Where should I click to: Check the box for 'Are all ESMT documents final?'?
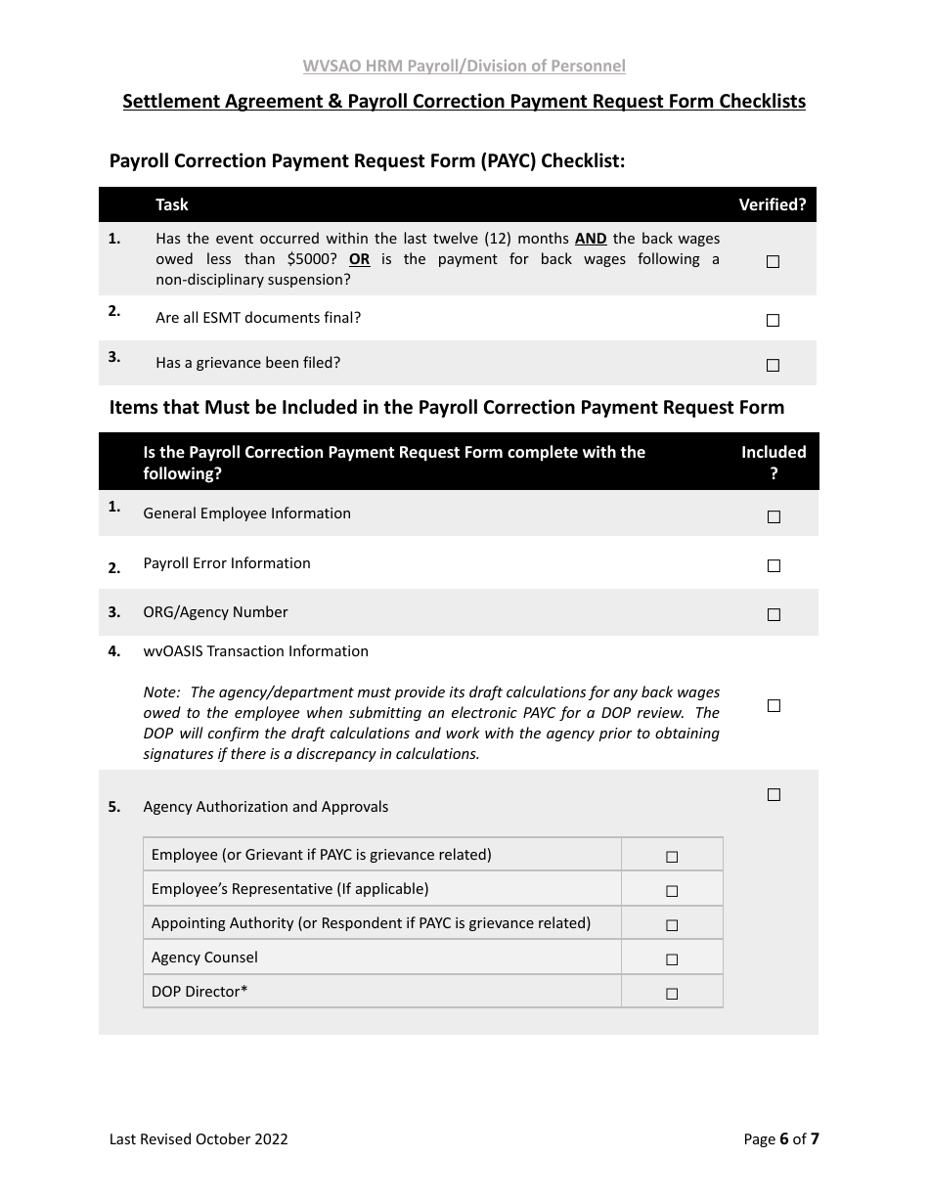773,320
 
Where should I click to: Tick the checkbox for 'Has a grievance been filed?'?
773,365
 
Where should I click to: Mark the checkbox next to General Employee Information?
774,516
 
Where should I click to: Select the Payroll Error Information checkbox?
774,565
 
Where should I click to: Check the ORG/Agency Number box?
774,614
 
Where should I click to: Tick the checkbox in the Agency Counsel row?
672,959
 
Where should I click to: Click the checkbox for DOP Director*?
672,994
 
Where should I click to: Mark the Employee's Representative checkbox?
672,891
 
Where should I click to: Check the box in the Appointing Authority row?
672,925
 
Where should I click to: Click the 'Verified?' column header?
772,204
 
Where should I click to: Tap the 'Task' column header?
172,204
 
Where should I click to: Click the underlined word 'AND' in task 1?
590,239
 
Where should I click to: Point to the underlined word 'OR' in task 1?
359,259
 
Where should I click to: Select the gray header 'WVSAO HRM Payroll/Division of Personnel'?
464,66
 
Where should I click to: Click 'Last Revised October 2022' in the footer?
199,1138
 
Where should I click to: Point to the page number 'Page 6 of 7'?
780,1138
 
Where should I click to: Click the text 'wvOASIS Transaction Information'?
255,651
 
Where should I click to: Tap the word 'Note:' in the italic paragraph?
161,692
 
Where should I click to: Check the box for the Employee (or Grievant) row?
672,857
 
